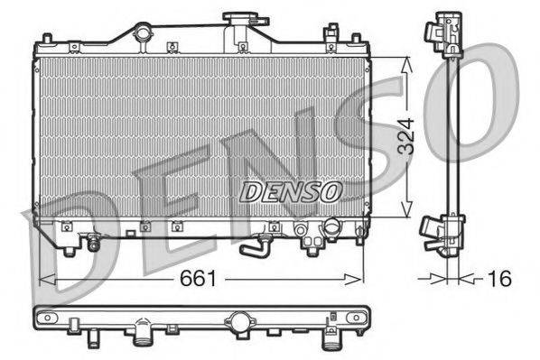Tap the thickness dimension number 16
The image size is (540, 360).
498,280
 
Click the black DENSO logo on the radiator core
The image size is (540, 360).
289,190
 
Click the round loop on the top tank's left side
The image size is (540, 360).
141,33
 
